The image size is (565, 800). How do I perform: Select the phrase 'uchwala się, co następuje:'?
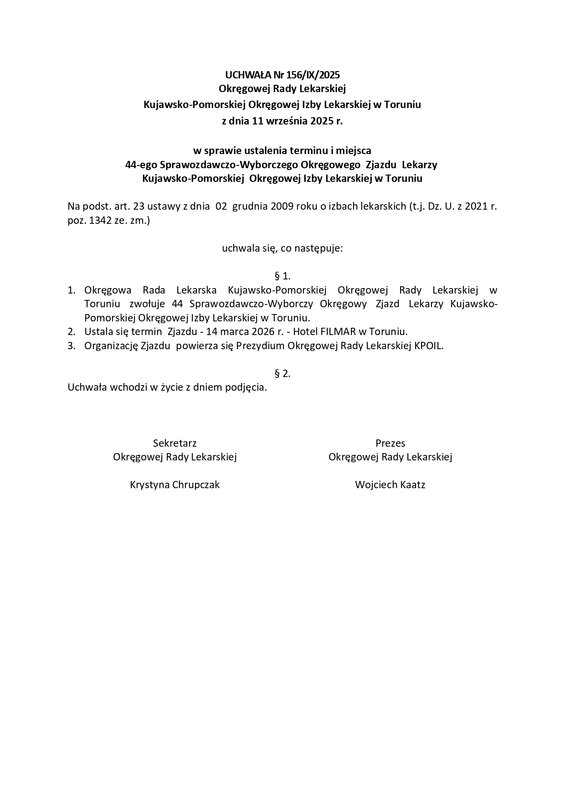(282, 248)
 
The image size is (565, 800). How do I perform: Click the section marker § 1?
(282, 276)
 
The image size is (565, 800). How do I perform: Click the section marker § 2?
(282, 373)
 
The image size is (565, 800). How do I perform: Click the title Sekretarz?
(175, 443)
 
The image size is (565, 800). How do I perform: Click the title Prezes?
(390, 443)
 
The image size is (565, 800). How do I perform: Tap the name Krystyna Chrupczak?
(175, 485)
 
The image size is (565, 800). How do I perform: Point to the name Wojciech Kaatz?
(390, 485)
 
